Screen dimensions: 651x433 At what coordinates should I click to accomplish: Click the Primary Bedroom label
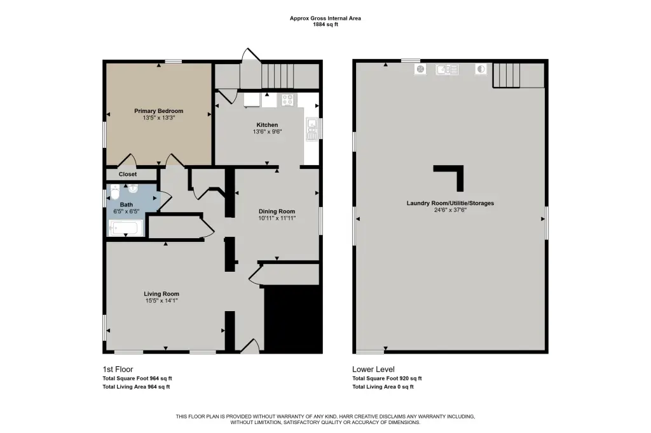158,110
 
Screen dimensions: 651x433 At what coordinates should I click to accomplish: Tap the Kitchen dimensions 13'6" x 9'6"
267,132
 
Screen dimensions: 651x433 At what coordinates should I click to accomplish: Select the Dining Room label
277,211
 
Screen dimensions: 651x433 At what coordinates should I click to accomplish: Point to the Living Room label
161,294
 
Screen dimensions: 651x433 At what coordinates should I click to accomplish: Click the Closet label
127,174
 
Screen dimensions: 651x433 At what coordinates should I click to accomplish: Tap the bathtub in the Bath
126,228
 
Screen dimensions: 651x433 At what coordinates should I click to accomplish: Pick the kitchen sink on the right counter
311,128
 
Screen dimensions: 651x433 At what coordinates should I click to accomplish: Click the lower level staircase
506,75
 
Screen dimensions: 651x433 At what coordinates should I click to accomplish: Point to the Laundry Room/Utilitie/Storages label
450,203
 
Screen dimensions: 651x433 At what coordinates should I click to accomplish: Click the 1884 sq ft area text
325,25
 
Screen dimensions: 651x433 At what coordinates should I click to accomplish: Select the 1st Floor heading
118,369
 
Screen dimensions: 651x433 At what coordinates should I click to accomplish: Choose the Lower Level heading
373,369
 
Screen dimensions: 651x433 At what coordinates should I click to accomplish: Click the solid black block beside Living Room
294,319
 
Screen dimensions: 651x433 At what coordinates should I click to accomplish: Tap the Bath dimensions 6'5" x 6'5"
127,211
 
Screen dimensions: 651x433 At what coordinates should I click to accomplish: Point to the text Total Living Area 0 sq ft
383,387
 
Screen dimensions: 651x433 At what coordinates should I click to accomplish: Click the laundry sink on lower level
447,69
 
